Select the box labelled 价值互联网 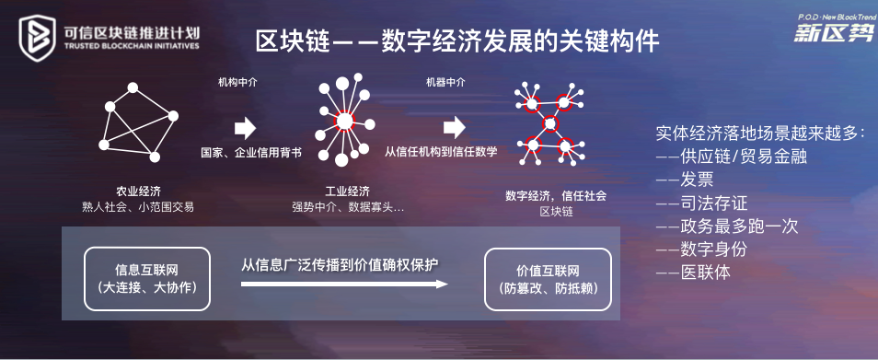(548, 278)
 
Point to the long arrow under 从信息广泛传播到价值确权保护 (344, 285)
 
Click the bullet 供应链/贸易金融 (732, 157)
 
